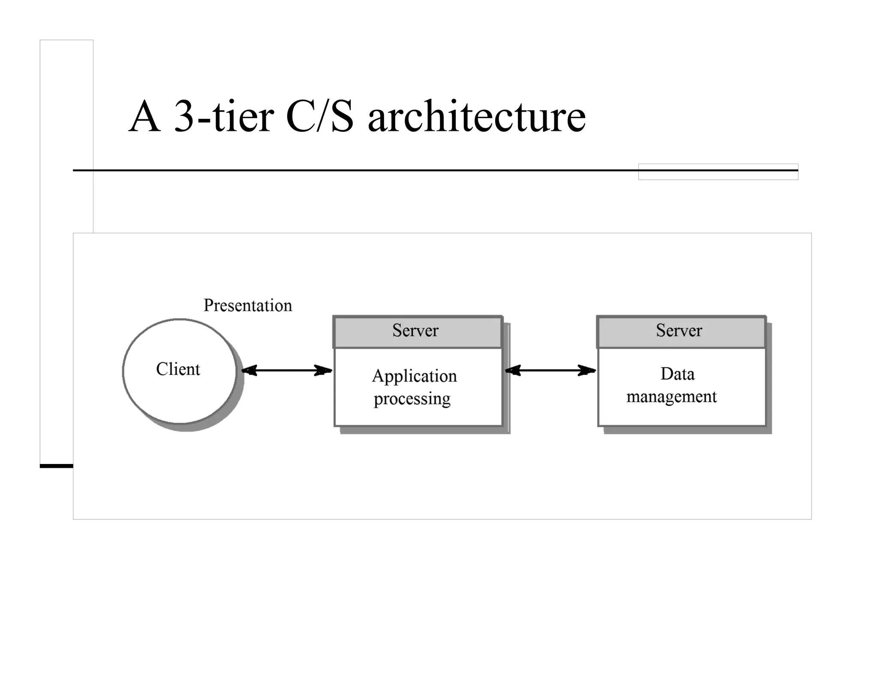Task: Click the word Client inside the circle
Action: (x=178, y=369)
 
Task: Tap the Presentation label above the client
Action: (x=248, y=305)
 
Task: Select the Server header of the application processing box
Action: (x=415, y=330)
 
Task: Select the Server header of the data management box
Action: (x=679, y=330)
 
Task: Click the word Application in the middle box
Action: (x=414, y=376)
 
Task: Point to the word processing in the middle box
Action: (x=412, y=399)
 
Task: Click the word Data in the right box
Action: (x=677, y=374)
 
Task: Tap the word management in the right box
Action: (x=671, y=397)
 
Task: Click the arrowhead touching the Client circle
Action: (x=250, y=370)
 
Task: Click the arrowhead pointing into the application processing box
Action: (x=324, y=370)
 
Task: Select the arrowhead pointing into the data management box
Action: (x=587, y=370)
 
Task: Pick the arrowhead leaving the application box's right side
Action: (x=513, y=370)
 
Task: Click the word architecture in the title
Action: (x=476, y=116)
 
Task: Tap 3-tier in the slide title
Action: (x=224, y=116)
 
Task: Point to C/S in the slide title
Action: (x=320, y=116)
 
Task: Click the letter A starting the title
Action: (x=145, y=116)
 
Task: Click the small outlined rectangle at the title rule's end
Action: (x=718, y=172)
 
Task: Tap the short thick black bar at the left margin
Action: (x=57, y=466)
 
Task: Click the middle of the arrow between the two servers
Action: (x=550, y=370)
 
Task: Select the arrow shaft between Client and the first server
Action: (x=286, y=370)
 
